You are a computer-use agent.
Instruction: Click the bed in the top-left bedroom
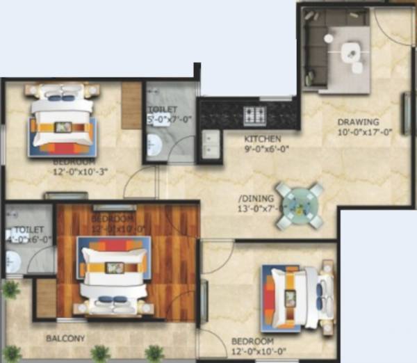point(63,118)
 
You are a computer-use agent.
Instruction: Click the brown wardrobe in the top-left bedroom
point(131,106)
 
